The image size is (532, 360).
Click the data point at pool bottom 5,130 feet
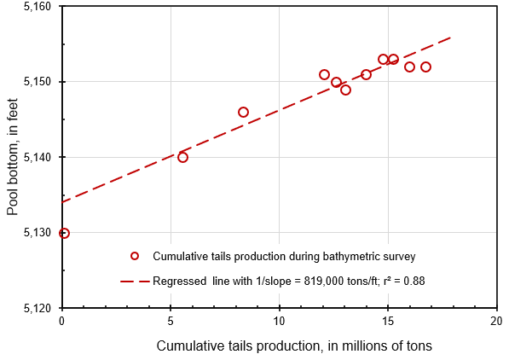click(64, 233)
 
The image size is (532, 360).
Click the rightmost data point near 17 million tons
click(425, 67)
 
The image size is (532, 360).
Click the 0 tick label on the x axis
click(62, 321)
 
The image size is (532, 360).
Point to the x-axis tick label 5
click(171, 321)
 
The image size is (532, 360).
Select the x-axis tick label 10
click(279, 321)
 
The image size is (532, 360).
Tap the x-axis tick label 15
click(388, 321)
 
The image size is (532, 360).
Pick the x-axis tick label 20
click(496, 321)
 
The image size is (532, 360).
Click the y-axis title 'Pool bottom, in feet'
click(13, 157)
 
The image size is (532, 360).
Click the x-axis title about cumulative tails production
click(294, 345)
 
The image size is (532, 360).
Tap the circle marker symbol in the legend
click(134, 256)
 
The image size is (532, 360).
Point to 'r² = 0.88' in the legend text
click(401, 281)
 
